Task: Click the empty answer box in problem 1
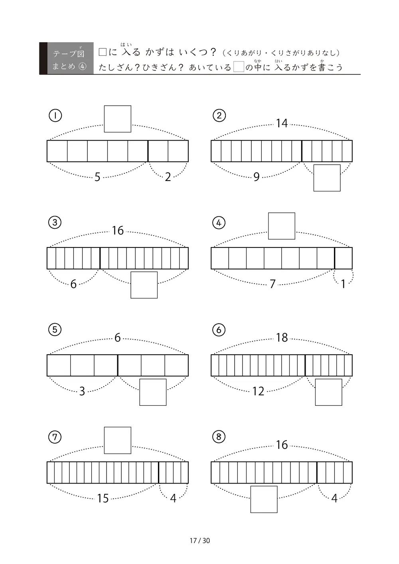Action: [117, 119]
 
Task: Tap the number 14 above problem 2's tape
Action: [282, 124]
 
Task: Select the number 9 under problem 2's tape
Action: [256, 177]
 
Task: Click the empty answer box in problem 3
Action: [144, 285]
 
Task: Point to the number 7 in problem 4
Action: [273, 284]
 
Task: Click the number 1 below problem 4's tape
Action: [343, 284]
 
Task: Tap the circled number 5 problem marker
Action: [55, 330]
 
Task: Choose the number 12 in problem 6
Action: [258, 391]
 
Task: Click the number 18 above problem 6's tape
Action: [282, 338]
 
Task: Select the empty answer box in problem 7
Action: [117, 440]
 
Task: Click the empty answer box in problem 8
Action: [264, 499]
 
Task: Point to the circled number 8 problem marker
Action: [219, 437]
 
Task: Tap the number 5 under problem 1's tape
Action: [97, 177]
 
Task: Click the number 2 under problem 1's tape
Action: [168, 177]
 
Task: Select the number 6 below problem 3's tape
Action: [73, 284]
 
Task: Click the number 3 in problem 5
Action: [82, 391]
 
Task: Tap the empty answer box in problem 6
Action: [328, 392]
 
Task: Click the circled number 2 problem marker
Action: [219, 116]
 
